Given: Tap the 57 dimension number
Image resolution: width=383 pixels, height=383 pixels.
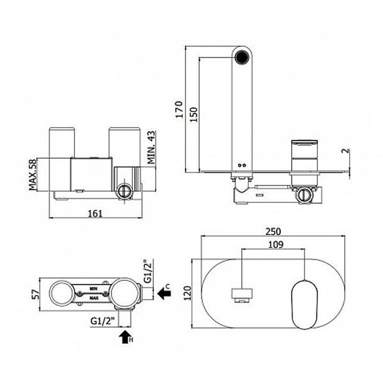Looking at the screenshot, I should click(x=37, y=294).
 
